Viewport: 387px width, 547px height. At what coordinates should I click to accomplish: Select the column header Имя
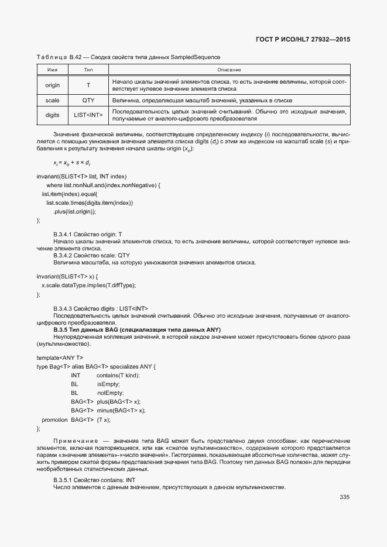pos(52,70)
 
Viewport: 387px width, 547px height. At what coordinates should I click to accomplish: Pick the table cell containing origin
pos(52,85)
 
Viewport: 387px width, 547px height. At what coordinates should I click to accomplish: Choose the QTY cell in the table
pos(88,101)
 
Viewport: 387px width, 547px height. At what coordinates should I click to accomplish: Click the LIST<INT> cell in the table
pos(88,115)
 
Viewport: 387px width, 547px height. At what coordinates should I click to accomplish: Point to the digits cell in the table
pos(52,115)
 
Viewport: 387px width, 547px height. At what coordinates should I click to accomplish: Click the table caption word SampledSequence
pos(196,57)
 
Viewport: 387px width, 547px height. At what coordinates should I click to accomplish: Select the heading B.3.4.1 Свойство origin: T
pos(87,234)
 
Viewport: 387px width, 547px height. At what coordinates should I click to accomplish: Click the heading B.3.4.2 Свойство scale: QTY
pos(91,255)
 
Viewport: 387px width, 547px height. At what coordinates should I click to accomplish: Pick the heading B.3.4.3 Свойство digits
pos(101,308)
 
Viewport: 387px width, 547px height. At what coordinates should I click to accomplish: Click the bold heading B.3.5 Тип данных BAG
pos(136,330)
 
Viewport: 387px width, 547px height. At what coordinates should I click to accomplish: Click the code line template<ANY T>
pos(60,357)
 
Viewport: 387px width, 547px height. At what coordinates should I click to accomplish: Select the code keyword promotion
pos(54,420)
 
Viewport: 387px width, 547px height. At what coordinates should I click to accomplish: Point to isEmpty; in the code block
pos(108,384)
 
